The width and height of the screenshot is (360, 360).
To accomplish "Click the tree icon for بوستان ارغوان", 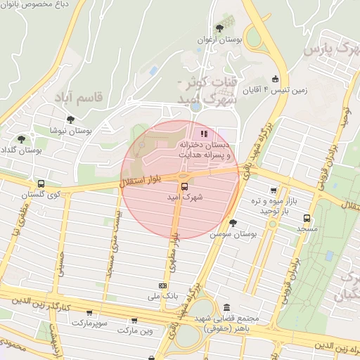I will [220, 29].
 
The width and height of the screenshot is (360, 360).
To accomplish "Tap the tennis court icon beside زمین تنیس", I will [275, 79].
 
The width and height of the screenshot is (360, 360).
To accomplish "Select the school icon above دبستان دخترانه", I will [204, 134].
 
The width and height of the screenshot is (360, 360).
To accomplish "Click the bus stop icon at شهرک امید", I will [184, 186].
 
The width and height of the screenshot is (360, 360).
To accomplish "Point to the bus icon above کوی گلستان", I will [40, 184].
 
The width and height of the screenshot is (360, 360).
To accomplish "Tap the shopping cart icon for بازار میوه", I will [274, 190].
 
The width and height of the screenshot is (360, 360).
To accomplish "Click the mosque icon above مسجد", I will [307, 217].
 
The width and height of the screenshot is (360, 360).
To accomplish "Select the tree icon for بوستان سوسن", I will [233, 222].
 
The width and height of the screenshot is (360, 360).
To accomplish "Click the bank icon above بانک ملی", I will [163, 285].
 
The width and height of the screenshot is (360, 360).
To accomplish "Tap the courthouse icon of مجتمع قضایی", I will [226, 308].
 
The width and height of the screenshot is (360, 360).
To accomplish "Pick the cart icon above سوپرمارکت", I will [89, 312].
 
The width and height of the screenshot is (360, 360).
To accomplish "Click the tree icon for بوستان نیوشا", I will [70, 120].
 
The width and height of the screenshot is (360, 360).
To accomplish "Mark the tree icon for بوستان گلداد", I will [22, 139].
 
